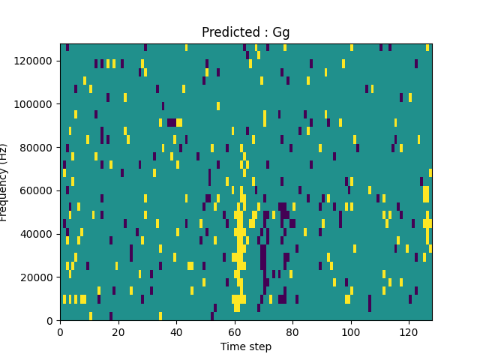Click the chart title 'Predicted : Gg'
tap(245, 33)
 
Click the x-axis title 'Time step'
tap(245, 346)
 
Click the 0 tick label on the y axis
tap(50, 320)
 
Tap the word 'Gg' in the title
tap(281, 33)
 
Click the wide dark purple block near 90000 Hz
tap(172, 122)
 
